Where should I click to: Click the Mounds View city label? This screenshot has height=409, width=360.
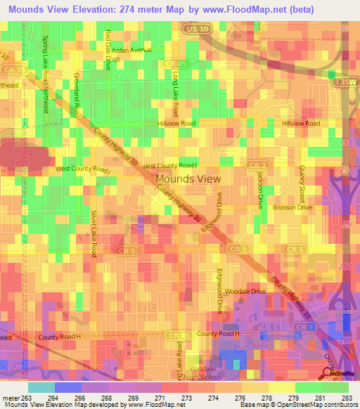tap(188, 179)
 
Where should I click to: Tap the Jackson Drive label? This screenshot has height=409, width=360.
tap(259, 190)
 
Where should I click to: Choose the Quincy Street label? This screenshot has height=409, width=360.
tap(302, 183)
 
